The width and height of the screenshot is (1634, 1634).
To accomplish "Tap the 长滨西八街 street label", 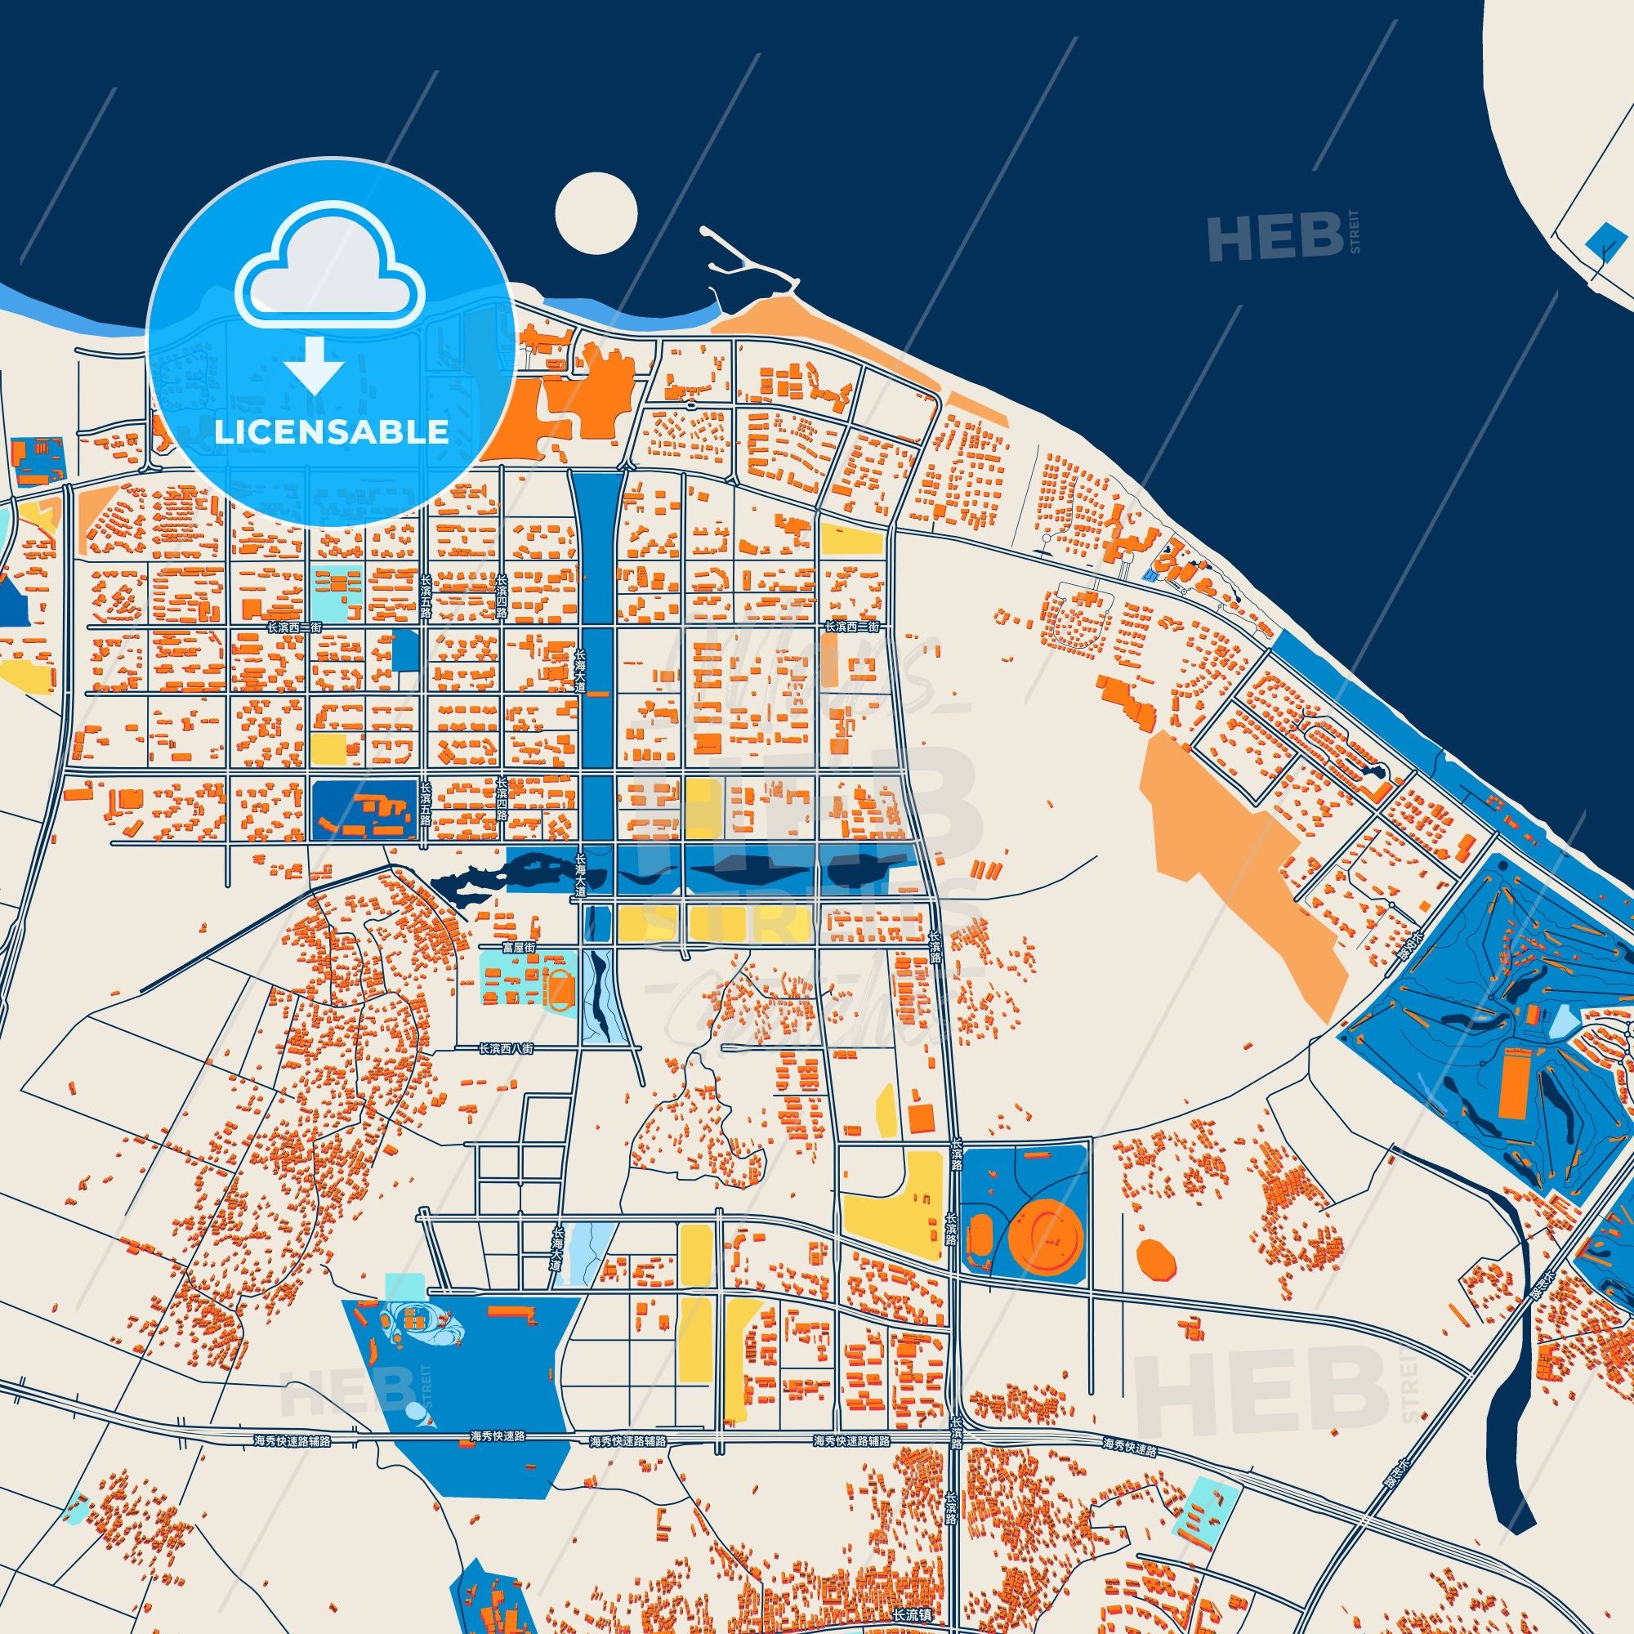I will [x=506, y=1048].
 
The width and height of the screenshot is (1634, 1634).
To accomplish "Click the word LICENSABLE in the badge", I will [x=331, y=432].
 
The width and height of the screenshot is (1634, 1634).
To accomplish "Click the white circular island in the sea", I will [x=596, y=212].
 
